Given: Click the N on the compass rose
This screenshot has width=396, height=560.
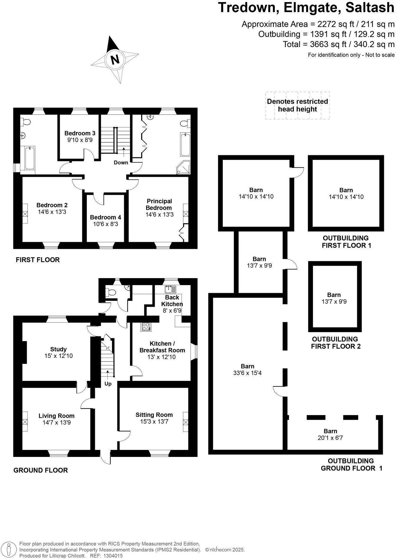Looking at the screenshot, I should [x=115, y=60].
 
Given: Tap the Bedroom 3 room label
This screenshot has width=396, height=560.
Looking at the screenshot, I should [x=80, y=133].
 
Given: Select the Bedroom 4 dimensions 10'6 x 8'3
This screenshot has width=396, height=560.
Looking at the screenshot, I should [x=105, y=224].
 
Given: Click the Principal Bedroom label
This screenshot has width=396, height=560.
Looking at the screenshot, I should [x=159, y=204].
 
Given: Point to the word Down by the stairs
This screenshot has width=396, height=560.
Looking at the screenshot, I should [x=121, y=163].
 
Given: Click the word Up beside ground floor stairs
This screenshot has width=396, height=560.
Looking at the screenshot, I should [x=108, y=384].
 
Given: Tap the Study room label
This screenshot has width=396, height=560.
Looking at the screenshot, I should [x=58, y=349].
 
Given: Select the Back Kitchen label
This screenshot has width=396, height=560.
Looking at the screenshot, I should [x=172, y=301].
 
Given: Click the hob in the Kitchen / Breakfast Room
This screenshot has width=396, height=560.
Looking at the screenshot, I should [x=146, y=326].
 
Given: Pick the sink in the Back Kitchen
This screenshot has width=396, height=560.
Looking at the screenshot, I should [x=170, y=289].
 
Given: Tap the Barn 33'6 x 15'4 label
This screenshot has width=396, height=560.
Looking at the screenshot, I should [x=247, y=370].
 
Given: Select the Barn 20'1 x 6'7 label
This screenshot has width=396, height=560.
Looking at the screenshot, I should [x=330, y=435].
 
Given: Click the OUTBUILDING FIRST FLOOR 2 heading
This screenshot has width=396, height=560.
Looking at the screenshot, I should [x=336, y=343].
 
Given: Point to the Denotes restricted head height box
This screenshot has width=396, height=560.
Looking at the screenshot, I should [x=297, y=105].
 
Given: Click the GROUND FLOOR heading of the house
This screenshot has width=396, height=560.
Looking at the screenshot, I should [x=41, y=470].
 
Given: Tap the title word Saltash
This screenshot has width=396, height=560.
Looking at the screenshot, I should [x=370, y=8].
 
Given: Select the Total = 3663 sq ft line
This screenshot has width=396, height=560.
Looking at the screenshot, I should [x=338, y=44].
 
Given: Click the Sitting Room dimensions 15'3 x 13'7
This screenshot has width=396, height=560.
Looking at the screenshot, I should [x=154, y=422].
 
